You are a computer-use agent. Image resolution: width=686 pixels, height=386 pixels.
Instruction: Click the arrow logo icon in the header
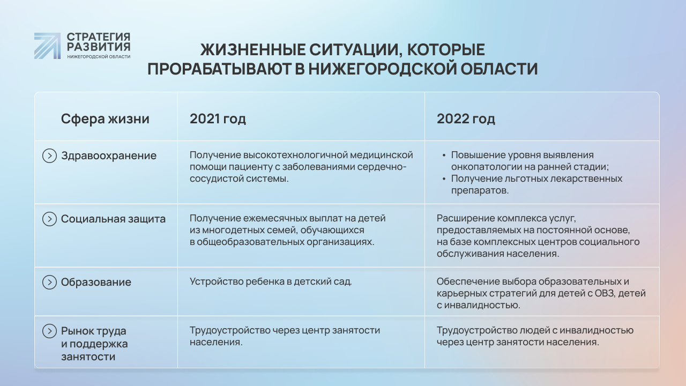[47, 46]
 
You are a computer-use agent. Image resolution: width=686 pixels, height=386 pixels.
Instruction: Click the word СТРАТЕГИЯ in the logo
[99, 37]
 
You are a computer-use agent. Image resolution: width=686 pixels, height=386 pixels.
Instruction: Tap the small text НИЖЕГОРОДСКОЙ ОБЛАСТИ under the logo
[99, 57]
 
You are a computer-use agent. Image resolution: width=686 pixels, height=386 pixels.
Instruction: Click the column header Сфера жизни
[105, 119]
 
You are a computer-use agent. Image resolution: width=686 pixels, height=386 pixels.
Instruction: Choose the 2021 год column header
[218, 119]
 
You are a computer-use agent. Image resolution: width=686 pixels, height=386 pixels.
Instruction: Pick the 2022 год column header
[466, 119]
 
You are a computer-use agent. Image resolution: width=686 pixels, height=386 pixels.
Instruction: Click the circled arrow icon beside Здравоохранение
[49, 155]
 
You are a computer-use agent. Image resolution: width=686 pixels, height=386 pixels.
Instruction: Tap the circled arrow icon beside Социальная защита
[49, 219]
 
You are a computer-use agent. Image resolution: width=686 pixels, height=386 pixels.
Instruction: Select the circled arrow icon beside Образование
[49, 282]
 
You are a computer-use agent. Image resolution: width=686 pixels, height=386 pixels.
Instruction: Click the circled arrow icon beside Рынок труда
[49, 331]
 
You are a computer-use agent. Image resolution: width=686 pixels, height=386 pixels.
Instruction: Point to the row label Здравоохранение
[109, 156]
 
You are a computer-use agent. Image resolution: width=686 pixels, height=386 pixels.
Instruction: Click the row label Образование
[96, 282]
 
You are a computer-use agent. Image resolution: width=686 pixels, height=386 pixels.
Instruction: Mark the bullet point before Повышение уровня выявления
[444, 155]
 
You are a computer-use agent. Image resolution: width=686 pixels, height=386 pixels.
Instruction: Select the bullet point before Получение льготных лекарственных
[444, 179]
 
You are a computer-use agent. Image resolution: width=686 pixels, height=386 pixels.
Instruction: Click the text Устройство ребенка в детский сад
[271, 281]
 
